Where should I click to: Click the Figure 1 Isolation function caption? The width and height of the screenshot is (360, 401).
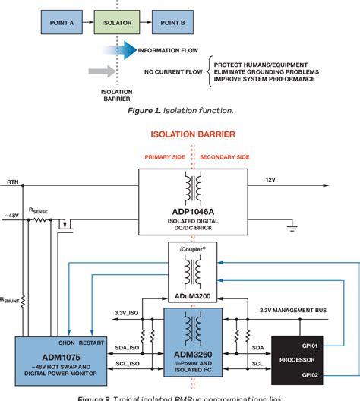[179, 111]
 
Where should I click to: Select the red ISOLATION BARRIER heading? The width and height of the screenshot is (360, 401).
[193, 134]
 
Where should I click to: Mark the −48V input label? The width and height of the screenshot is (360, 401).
[12, 216]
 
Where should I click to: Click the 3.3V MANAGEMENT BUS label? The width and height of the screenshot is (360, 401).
[291, 310]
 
